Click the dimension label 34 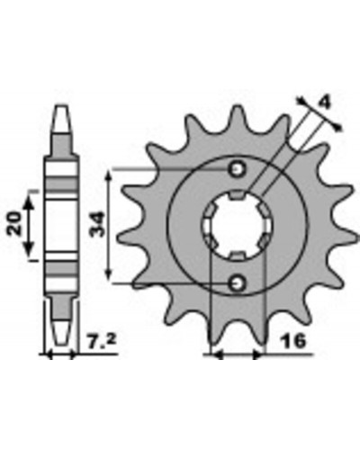(x=98, y=224)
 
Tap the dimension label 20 (x=15, y=223)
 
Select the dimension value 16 (x=292, y=341)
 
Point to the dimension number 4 (x=324, y=103)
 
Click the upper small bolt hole (x=238, y=169)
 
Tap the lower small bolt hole (x=238, y=283)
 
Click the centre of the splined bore (x=238, y=226)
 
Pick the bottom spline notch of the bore (x=238, y=256)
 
